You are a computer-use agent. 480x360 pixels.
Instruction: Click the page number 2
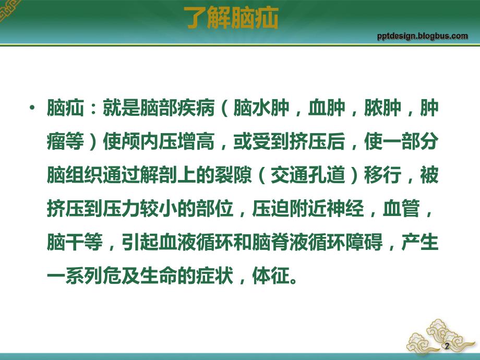pos(446,346)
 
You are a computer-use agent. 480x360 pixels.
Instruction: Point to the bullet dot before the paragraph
pos(33,109)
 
